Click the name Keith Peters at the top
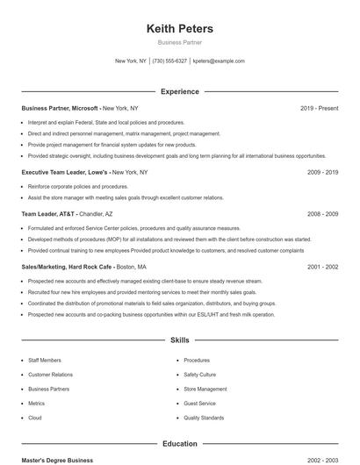[179, 28]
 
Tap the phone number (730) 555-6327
[169, 61]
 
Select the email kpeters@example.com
[219, 61]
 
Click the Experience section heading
[179, 91]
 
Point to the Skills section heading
[179, 340]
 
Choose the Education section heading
[179, 444]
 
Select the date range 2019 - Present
[319, 108]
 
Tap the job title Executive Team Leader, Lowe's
[66, 173]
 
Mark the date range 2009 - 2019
[322, 173]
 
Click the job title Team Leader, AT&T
[49, 213]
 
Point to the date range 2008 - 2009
[322, 213]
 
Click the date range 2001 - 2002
[322, 267]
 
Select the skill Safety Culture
[199, 375]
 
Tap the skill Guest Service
[199, 404]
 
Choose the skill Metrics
[36, 404]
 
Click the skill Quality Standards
[204, 418]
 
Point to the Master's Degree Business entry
[57, 460]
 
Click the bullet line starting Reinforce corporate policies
[77, 187]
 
